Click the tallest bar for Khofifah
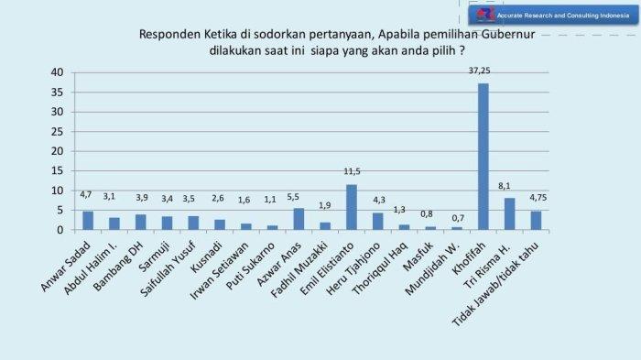click(x=483, y=156)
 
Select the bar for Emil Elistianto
click(x=352, y=207)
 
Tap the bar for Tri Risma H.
click(x=509, y=213)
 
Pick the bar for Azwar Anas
click(x=299, y=219)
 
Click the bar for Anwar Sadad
click(x=88, y=221)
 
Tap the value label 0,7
click(x=457, y=218)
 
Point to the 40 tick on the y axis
click(x=57, y=72)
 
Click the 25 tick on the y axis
click(x=57, y=131)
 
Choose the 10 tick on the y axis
click(x=57, y=191)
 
